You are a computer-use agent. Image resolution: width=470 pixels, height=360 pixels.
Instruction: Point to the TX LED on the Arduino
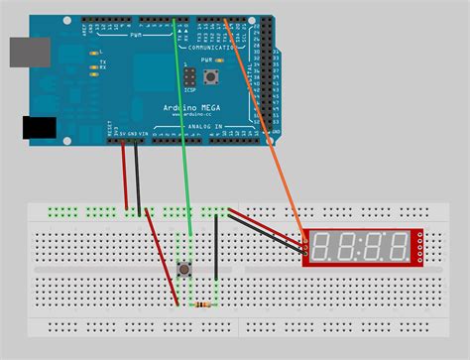[91, 60]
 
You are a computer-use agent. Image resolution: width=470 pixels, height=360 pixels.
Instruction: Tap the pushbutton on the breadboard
[183, 269]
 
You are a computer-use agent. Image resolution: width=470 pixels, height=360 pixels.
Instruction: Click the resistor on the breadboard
[205, 303]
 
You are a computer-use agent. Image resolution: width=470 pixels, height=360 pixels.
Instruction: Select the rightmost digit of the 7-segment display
[398, 247]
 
